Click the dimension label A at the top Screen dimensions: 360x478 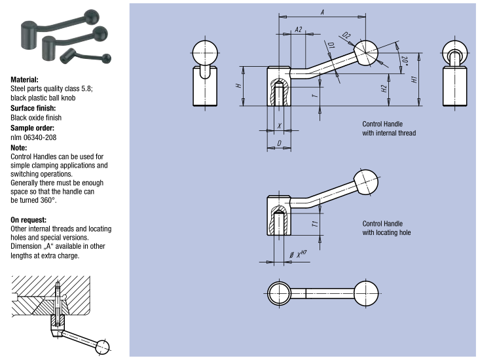(322, 11)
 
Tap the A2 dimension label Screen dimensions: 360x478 (298, 30)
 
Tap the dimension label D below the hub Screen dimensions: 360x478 (279, 143)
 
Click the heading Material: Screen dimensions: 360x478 (24, 79)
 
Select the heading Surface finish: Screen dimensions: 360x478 (32, 108)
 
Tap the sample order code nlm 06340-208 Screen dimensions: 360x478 (37, 137)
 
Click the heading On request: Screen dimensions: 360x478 (29, 219)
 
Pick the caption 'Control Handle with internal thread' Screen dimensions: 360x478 (389, 128)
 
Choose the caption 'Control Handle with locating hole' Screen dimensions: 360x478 (387, 228)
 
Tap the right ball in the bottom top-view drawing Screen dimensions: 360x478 (365, 292)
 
